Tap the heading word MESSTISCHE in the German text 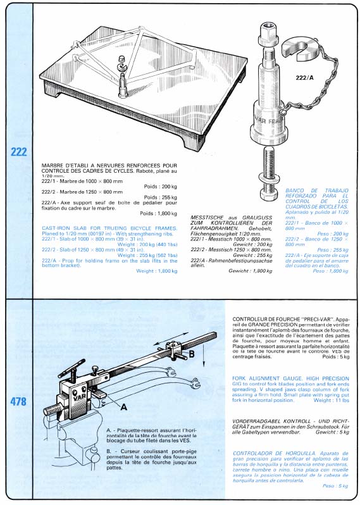pyautogui.click(x=210, y=217)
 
